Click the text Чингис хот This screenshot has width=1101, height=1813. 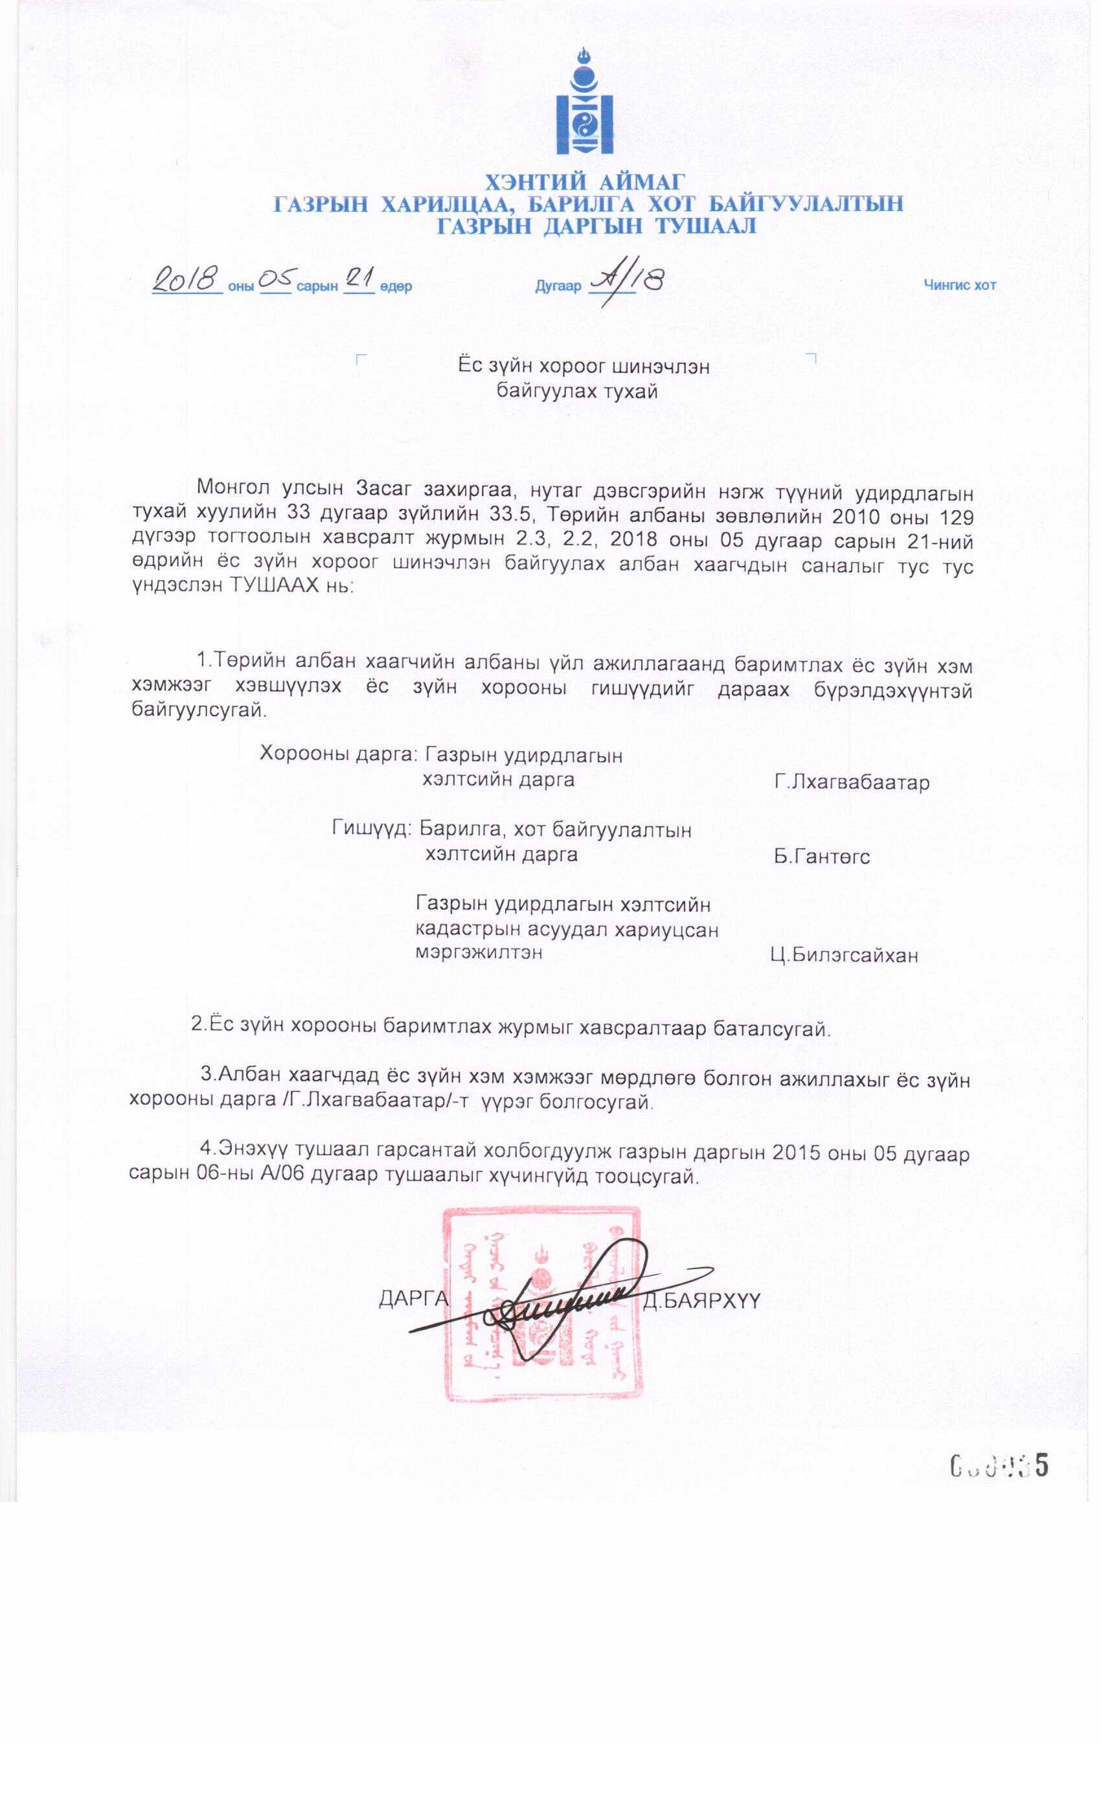pyautogui.click(x=960, y=286)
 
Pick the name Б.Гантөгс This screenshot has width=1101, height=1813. pyautogui.click(x=821, y=857)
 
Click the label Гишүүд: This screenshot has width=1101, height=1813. pyautogui.click(x=372, y=829)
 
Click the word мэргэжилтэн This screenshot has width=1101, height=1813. pyautogui.click(x=479, y=952)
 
